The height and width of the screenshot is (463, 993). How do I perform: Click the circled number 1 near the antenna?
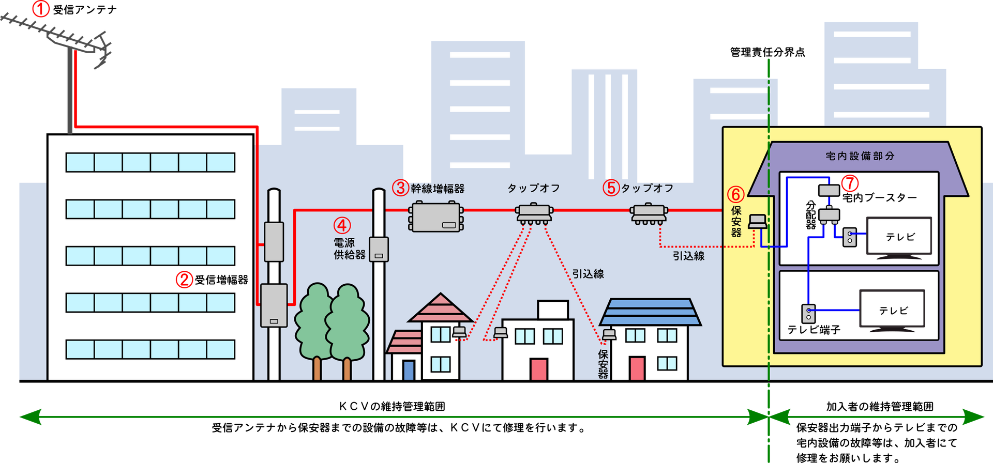41,9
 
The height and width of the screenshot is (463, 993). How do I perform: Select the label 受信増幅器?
221,280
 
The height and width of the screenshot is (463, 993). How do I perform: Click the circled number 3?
400,188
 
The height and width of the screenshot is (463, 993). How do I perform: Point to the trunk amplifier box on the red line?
436,217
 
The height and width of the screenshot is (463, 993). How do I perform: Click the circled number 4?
341,225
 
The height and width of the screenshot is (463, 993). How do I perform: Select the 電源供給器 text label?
349,249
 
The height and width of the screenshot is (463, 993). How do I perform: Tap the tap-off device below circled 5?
649,213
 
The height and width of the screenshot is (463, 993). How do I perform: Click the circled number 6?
735,194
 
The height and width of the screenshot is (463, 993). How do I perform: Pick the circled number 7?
850,183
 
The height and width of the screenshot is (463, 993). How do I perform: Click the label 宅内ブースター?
879,197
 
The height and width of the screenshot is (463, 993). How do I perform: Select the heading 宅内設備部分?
860,156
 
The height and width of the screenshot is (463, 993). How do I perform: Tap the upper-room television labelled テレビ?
899,237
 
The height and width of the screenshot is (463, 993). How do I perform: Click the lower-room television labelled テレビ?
892,310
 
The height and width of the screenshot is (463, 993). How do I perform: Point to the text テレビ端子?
814,330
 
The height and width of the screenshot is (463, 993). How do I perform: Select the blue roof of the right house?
650,312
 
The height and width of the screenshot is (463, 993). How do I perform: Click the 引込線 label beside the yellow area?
688,256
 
